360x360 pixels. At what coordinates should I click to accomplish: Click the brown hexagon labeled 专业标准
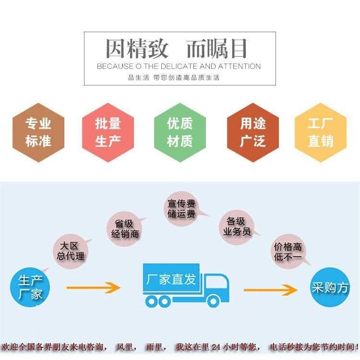38,132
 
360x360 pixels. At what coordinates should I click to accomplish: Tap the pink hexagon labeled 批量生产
108,132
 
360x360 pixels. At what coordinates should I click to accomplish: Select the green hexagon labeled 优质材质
180,132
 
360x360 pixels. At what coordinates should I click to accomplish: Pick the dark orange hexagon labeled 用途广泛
253,132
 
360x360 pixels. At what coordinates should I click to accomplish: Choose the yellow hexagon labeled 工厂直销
320,132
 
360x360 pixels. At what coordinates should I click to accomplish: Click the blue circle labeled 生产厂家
30,287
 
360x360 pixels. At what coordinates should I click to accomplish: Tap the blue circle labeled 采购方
330,287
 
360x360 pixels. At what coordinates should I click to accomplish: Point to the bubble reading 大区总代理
71,251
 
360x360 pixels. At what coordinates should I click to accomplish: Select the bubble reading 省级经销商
125,229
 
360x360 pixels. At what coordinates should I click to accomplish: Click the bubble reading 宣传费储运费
181,209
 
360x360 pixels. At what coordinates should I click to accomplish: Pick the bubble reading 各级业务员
237,227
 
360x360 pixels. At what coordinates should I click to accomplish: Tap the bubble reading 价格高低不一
288,252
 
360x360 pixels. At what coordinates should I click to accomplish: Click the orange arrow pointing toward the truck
94,288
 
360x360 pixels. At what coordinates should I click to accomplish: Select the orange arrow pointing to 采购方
271,290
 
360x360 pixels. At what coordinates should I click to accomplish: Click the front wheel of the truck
213,301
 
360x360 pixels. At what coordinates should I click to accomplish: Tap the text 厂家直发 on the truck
171,279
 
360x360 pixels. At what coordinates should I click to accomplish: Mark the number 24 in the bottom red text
216,347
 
